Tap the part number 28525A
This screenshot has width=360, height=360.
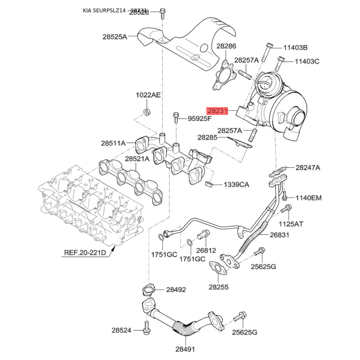pyautogui.click(x=115, y=37)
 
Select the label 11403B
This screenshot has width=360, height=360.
pyautogui.click(x=295, y=48)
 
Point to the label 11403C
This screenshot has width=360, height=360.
pyautogui.click(x=307, y=61)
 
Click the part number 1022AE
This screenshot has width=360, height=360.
pyautogui.click(x=148, y=95)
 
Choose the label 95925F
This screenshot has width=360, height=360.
pyautogui.click(x=199, y=119)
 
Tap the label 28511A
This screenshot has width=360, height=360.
pyautogui.click(x=113, y=144)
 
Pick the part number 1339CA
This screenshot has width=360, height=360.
pyautogui.click(x=237, y=184)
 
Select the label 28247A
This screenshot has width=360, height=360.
pyautogui.click(x=308, y=168)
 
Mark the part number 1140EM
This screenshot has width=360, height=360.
pyautogui.click(x=308, y=198)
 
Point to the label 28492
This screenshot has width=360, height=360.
pyautogui.click(x=176, y=290)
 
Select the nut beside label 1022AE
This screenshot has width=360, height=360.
pyautogui.click(x=147, y=111)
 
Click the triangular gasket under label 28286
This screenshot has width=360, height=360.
pyautogui.click(x=223, y=77)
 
